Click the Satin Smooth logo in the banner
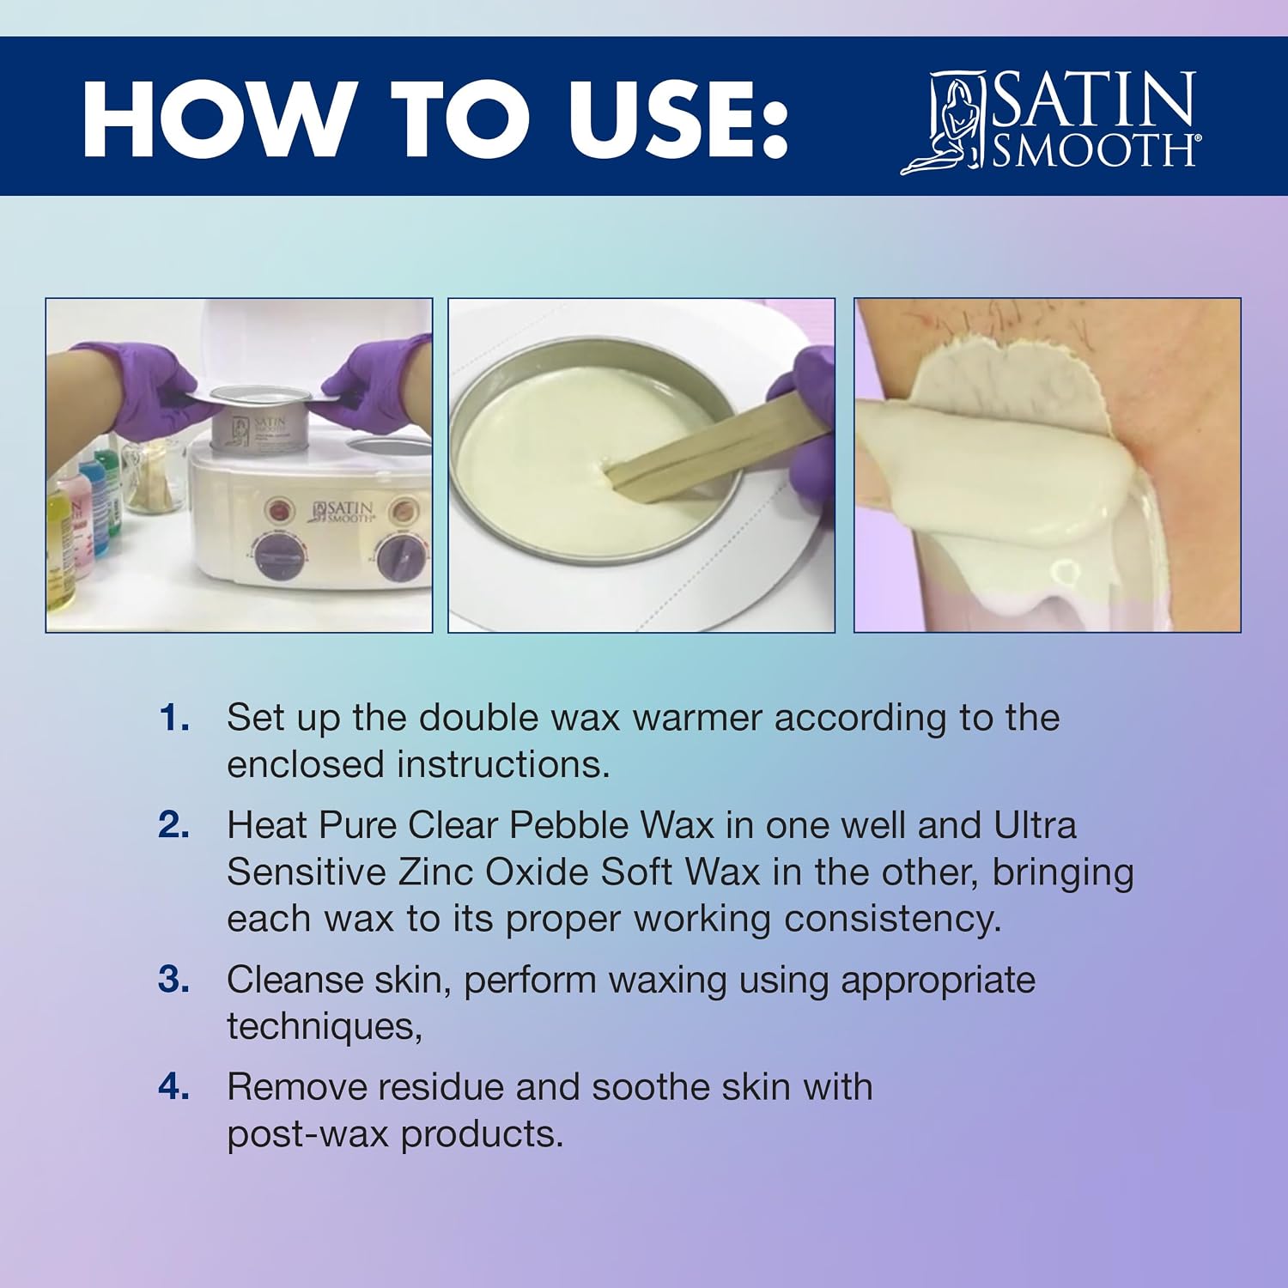1050,122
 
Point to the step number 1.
174,718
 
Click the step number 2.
174,825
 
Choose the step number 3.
174,980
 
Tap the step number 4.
174,1087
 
